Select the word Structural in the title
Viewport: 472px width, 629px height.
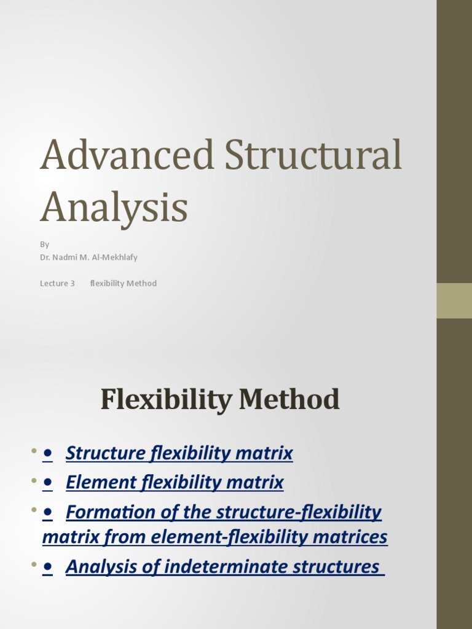[x=313, y=155]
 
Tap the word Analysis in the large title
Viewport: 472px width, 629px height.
[x=114, y=208]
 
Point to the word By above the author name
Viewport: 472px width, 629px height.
[x=45, y=244]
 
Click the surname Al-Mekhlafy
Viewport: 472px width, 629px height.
[x=115, y=257]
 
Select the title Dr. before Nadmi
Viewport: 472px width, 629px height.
[x=45, y=257]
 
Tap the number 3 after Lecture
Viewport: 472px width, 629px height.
[x=72, y=283]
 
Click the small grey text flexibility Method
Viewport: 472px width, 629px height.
[x=123, y=283]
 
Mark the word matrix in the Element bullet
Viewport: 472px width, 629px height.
[x=259, y=483]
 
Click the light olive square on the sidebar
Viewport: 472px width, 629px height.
[x=454, y=300]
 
